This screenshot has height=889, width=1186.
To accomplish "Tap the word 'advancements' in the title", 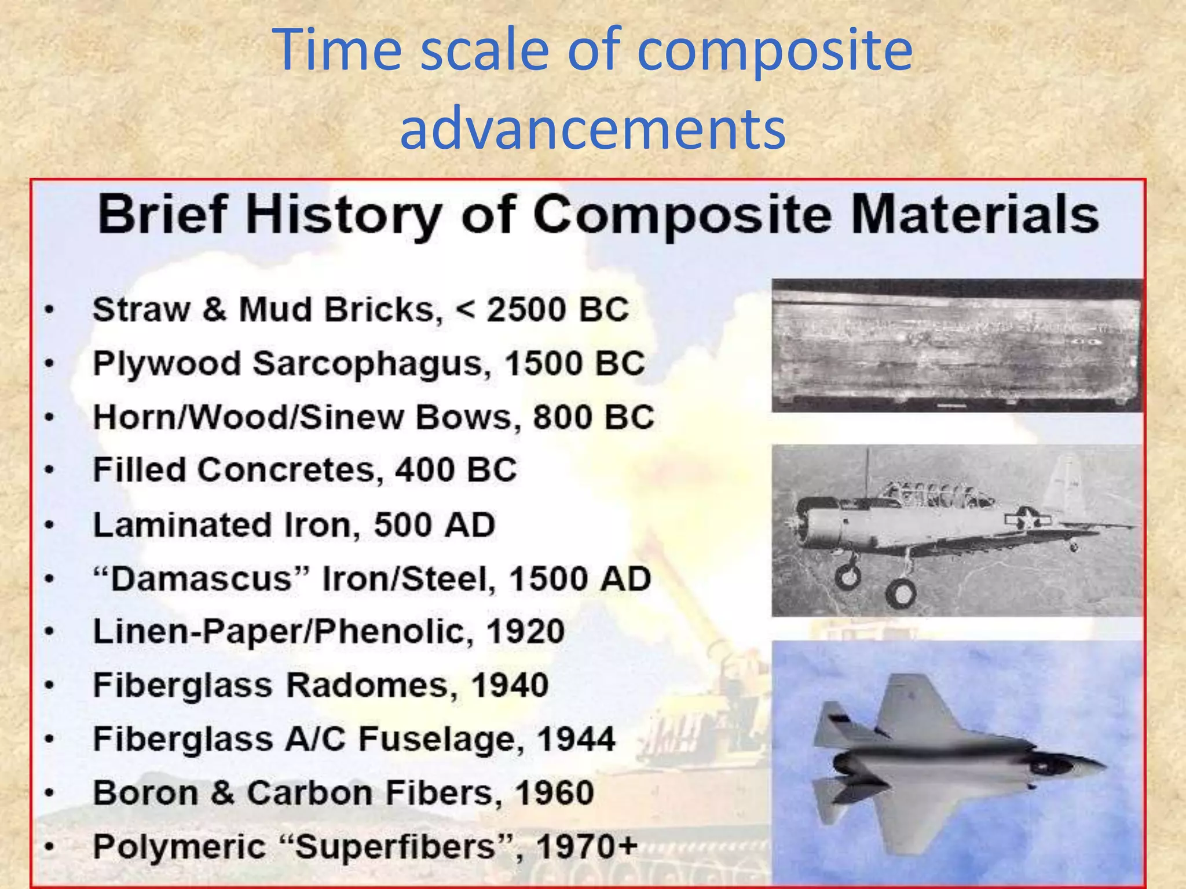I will coord(592,128).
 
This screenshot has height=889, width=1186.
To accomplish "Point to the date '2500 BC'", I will coord(557,310).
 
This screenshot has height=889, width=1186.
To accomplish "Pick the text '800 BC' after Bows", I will coord(594,417).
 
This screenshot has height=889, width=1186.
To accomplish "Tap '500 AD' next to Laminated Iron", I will coord(434,525).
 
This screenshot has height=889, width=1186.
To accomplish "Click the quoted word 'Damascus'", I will coord(201,579).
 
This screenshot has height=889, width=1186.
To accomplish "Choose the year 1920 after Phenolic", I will coord(525,631).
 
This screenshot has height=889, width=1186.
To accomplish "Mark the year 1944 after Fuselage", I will coord(576,739).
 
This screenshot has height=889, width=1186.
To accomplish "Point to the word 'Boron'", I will coord(145,793).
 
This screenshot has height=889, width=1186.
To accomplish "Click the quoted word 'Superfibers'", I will coord(396,847).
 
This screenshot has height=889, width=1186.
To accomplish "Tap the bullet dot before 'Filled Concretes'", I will coord(50,470).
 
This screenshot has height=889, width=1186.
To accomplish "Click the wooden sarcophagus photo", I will coord(957,346).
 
